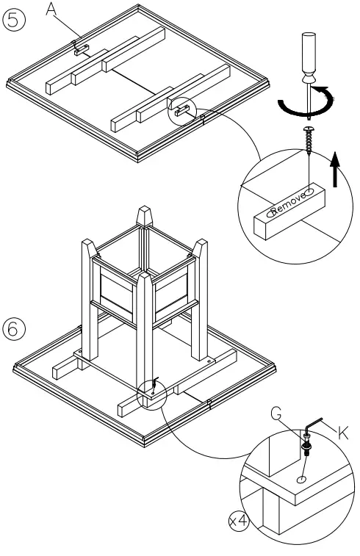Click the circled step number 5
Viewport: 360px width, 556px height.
[14, 20]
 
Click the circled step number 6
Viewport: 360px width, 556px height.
[14, 329]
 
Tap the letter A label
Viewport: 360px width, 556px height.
[51, 10]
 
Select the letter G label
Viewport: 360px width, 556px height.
[276, 414]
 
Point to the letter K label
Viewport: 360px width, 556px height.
[342, 433]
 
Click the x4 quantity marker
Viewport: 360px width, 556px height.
[238, 521]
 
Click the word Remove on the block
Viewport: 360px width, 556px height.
[289, 203]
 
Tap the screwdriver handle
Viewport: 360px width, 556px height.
[309, 57]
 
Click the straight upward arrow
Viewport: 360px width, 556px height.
[335, 169]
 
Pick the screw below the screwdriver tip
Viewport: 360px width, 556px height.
[309, 140]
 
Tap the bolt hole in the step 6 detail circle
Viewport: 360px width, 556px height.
[302, 480]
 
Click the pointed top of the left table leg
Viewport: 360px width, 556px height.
[89, 248]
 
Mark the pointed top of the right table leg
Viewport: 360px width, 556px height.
[200, 248]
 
